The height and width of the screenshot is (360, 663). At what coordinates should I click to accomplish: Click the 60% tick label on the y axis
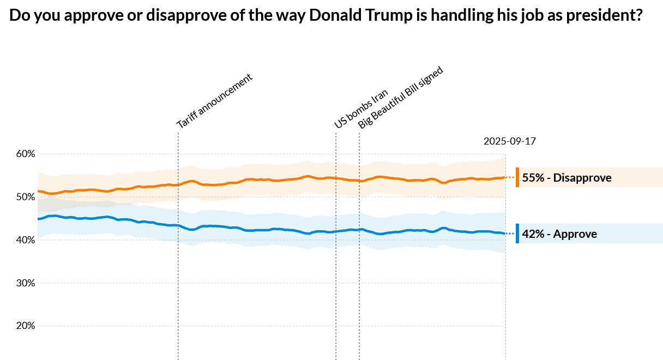25,154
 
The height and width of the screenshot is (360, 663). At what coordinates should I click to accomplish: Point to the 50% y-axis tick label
25,197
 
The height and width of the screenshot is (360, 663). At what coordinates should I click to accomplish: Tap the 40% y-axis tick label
25,240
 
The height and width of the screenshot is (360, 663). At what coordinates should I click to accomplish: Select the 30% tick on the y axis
25,283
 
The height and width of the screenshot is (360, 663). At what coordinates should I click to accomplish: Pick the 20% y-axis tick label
25,326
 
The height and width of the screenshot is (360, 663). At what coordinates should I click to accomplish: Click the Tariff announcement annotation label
215,101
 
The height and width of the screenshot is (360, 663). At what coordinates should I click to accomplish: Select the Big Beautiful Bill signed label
401,98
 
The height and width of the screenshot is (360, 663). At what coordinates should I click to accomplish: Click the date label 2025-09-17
510,141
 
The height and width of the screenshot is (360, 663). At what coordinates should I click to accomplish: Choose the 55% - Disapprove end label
566,178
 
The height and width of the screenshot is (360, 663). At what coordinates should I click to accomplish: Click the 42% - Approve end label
559,234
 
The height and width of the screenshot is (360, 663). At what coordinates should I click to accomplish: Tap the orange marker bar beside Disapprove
517,177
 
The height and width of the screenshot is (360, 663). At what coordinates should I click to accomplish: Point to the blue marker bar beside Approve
517,233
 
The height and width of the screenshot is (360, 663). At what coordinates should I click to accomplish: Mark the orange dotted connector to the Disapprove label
510,177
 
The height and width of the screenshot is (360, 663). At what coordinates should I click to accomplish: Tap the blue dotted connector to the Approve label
510,233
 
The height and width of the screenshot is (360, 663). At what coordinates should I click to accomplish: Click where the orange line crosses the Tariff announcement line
178,184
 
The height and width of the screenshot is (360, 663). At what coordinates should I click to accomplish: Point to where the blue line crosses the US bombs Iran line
336,231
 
